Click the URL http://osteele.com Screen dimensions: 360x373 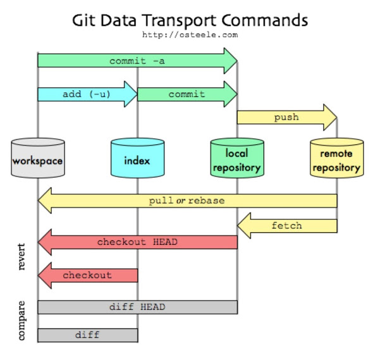pyautogui.click(x=189, y=35)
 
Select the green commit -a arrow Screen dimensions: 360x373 pyautogui.click(x=137, y=61)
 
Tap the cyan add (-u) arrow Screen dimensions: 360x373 pyautogui.click(x=87, y=94)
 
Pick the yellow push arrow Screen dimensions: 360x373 pyautogui.click(x=286, y=117)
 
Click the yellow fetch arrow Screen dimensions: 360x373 pyautogui.click(x=286, y=225)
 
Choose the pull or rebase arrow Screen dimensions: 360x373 pyautogui.click(x=187, y=201)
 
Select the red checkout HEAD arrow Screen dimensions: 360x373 pyautogui.click(x=137, y=242)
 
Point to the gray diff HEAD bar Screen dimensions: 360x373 pyautogui.click(x=137, y=307)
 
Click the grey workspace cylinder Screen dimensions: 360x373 pyautogui.click(x=38, y=158)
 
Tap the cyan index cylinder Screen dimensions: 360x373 pyautogui.click(x=137, y=158)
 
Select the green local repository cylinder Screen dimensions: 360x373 pyautogui.click(x=237, y=158)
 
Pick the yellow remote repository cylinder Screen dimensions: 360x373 pyautogui.click(x=336, y=158)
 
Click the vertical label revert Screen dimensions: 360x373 pyautogui.click(x=21, y=256)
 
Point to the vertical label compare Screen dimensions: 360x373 pyautogui.click(x=21, y=321)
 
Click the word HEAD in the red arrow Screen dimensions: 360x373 pyautogui.click(x=165, y=242)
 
